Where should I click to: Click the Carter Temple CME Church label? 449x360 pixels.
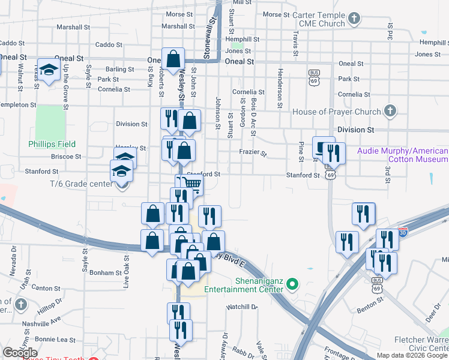click(x=315, y=19)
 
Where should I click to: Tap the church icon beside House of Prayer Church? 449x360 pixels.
click(x=390, y=111)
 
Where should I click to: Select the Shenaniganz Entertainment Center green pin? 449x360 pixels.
click(x=293, y=283)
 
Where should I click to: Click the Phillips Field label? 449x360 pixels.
click(x=52, y=144)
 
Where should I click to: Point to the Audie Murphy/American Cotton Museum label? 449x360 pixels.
click(x=402, y=155)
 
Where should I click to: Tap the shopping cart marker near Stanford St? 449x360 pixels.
click(x=192, y=184)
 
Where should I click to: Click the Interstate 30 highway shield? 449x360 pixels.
click(x=403, y=229)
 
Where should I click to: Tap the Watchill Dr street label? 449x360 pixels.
click(x=242, y=307)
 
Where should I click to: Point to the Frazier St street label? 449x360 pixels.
click(x=253, y=153)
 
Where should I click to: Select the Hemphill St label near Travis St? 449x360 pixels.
click(x=243, y=39)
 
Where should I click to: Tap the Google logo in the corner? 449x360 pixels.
click(x=20, y=353)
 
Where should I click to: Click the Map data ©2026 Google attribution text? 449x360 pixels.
click(x=412, y=355)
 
